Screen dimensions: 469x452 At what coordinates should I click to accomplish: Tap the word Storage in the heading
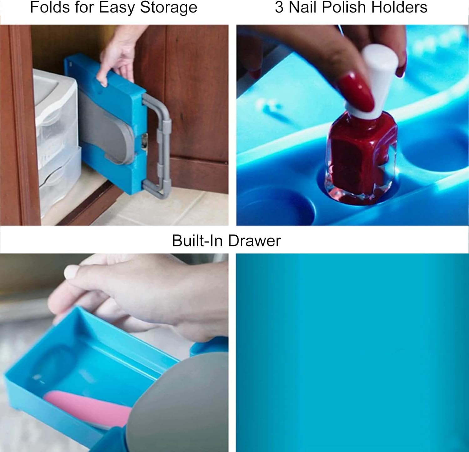[x=169, y=8]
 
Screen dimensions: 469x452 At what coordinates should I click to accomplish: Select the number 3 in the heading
[x=280, y=7]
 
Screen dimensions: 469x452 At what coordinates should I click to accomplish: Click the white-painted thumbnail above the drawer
[x=71, y=272]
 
